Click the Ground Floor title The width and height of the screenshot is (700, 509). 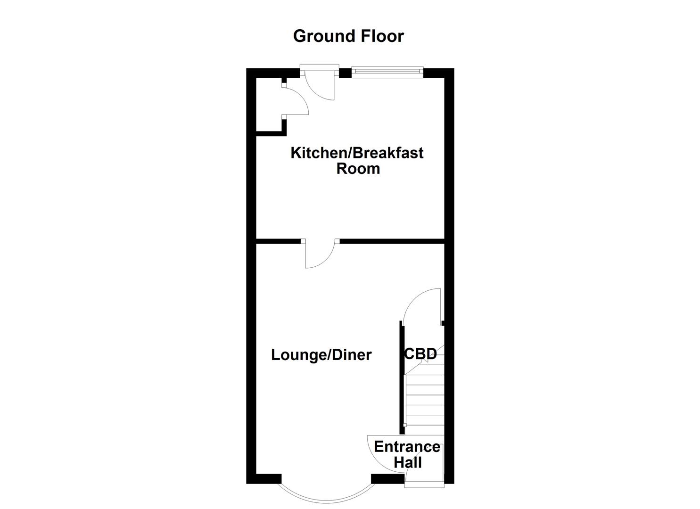[348, 36]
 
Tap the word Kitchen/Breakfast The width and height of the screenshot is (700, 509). [357, 153]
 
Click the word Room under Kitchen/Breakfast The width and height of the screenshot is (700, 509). [358, 169]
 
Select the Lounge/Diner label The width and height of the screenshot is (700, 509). [321, 355]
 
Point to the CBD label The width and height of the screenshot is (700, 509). [420, 354]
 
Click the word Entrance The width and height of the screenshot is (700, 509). [407, 446]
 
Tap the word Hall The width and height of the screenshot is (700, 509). [408, 462]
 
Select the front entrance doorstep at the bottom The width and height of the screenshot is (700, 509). [424, 481]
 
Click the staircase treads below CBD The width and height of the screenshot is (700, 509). [425, 401]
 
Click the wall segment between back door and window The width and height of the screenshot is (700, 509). [345, 73]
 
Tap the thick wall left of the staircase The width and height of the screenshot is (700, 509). [402, 377]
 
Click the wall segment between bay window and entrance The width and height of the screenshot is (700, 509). [387, 479]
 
